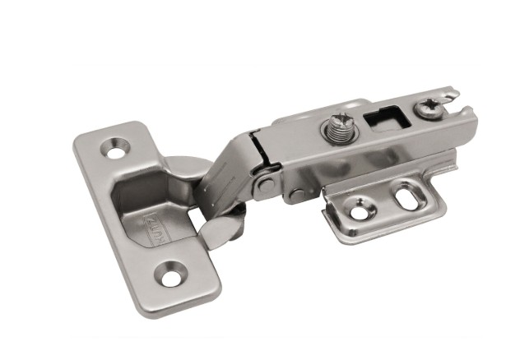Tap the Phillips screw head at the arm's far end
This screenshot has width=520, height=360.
click(x=431, y=107)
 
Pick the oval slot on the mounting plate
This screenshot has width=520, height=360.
click(x=405, y=196)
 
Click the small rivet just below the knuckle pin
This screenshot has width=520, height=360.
click(x=295, y=196)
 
